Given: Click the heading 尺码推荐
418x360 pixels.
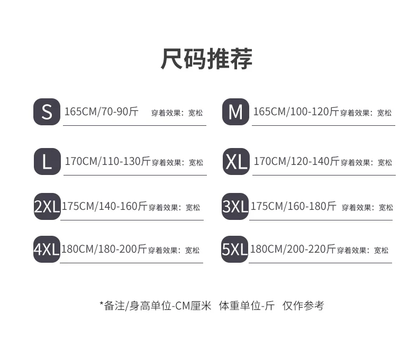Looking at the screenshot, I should [x=207, y=59].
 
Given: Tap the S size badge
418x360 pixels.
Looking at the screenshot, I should [x=47, y=112].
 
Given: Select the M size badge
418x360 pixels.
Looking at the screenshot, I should [x=235, y=112].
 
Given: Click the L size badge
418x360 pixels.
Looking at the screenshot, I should [x=47, y=161].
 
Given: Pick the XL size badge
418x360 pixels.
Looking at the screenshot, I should [x=236, y=161].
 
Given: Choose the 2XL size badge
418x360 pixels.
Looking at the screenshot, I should [x=47, y=206].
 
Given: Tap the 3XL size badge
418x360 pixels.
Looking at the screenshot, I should [x=235, y=206].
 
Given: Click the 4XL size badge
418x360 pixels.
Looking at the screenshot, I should [x=47, y=249].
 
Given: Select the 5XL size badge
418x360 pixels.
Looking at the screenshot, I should [x=235, y=249].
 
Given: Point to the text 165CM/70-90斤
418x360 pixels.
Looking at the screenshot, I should [x=101, y=112].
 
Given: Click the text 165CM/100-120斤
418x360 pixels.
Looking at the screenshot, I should [x=296, y=112].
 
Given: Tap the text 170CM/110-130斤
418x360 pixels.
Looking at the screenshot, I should [x=107, y=161].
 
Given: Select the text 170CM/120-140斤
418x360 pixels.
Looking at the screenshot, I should [x=296, y=161].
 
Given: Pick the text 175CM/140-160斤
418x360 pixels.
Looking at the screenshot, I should [x=104, y=206].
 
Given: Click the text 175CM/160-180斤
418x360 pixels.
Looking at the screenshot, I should [x=293, y=206].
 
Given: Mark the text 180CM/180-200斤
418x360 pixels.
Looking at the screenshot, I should [x=104, y=249].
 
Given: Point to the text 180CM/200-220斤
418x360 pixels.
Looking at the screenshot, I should [x=293, y=249].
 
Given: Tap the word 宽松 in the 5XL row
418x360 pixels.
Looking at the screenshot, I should [x=381, y=250].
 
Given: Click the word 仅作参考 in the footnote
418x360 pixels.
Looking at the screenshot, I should [x=303, y=306].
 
